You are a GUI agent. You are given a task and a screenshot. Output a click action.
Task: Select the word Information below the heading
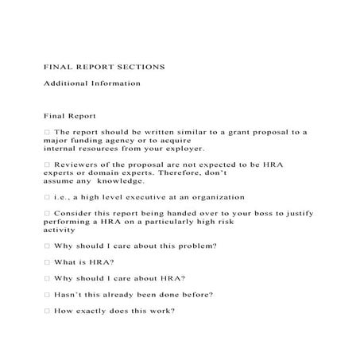(x=117, y=83)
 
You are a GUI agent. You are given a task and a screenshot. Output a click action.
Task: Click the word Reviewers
(x=77, y=165)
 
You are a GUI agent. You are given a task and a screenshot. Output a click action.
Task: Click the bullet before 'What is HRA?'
(x=47, y=262)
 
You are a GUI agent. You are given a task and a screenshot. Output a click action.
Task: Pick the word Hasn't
(x=70, y=295)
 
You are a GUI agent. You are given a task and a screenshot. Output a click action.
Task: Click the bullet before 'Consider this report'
(x=47, y=214)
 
